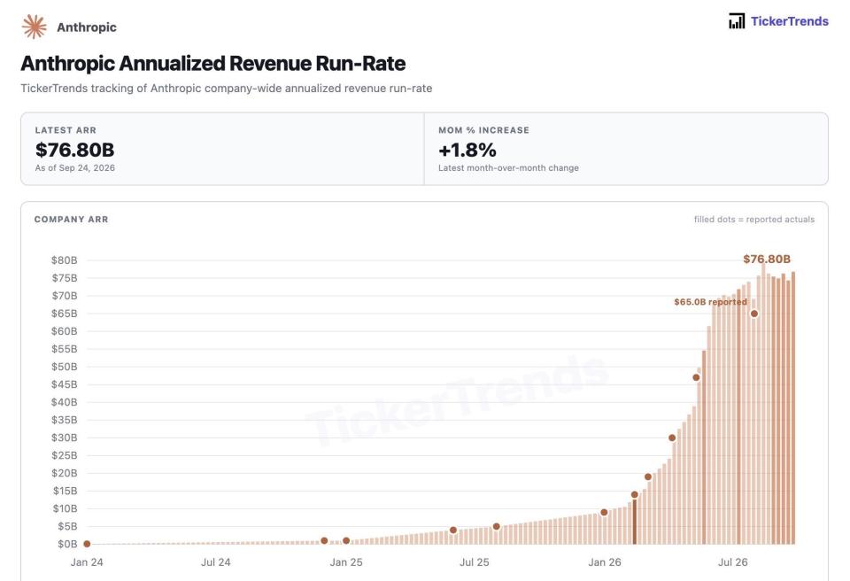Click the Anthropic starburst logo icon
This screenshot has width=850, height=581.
click(x=35, y=27)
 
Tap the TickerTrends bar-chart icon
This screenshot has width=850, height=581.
click(x=736, y=21)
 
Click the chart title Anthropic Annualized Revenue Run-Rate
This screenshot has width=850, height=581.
click(x=213, y=64)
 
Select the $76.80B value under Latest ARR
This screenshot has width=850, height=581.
click(x=74, y=150)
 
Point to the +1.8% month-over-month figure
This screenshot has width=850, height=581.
click(x=467, y=150)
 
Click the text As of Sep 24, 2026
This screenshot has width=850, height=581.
click(x=74, y=168)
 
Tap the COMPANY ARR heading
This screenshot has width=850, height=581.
click(x=71, y=219)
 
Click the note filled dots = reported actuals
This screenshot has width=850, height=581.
click(x=754, y=219)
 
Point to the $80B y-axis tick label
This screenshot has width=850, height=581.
click(x=65, y=260)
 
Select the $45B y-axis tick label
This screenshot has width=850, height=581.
click(x=65, y=384)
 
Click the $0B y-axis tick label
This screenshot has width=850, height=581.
click(x=67, y=544)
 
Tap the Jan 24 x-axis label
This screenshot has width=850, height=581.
click(x=87, y=562)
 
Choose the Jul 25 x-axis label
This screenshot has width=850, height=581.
click(x=475, y=562)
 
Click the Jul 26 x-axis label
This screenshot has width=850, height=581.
click(x=733, y=562)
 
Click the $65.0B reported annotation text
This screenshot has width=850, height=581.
click(x=710, y=302)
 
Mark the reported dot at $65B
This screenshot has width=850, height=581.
click(x=754, y=314)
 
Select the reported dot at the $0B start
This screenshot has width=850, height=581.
click(x=87, y=544)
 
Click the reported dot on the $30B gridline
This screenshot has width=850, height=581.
click(x=672, y=438)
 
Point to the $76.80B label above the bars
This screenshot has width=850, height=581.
click(x=767, y=260)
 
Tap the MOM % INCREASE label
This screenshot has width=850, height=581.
click(x=483, y=130)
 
